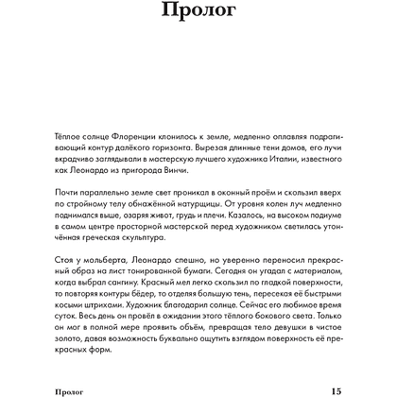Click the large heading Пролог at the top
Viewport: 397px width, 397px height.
pos(198,16)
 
